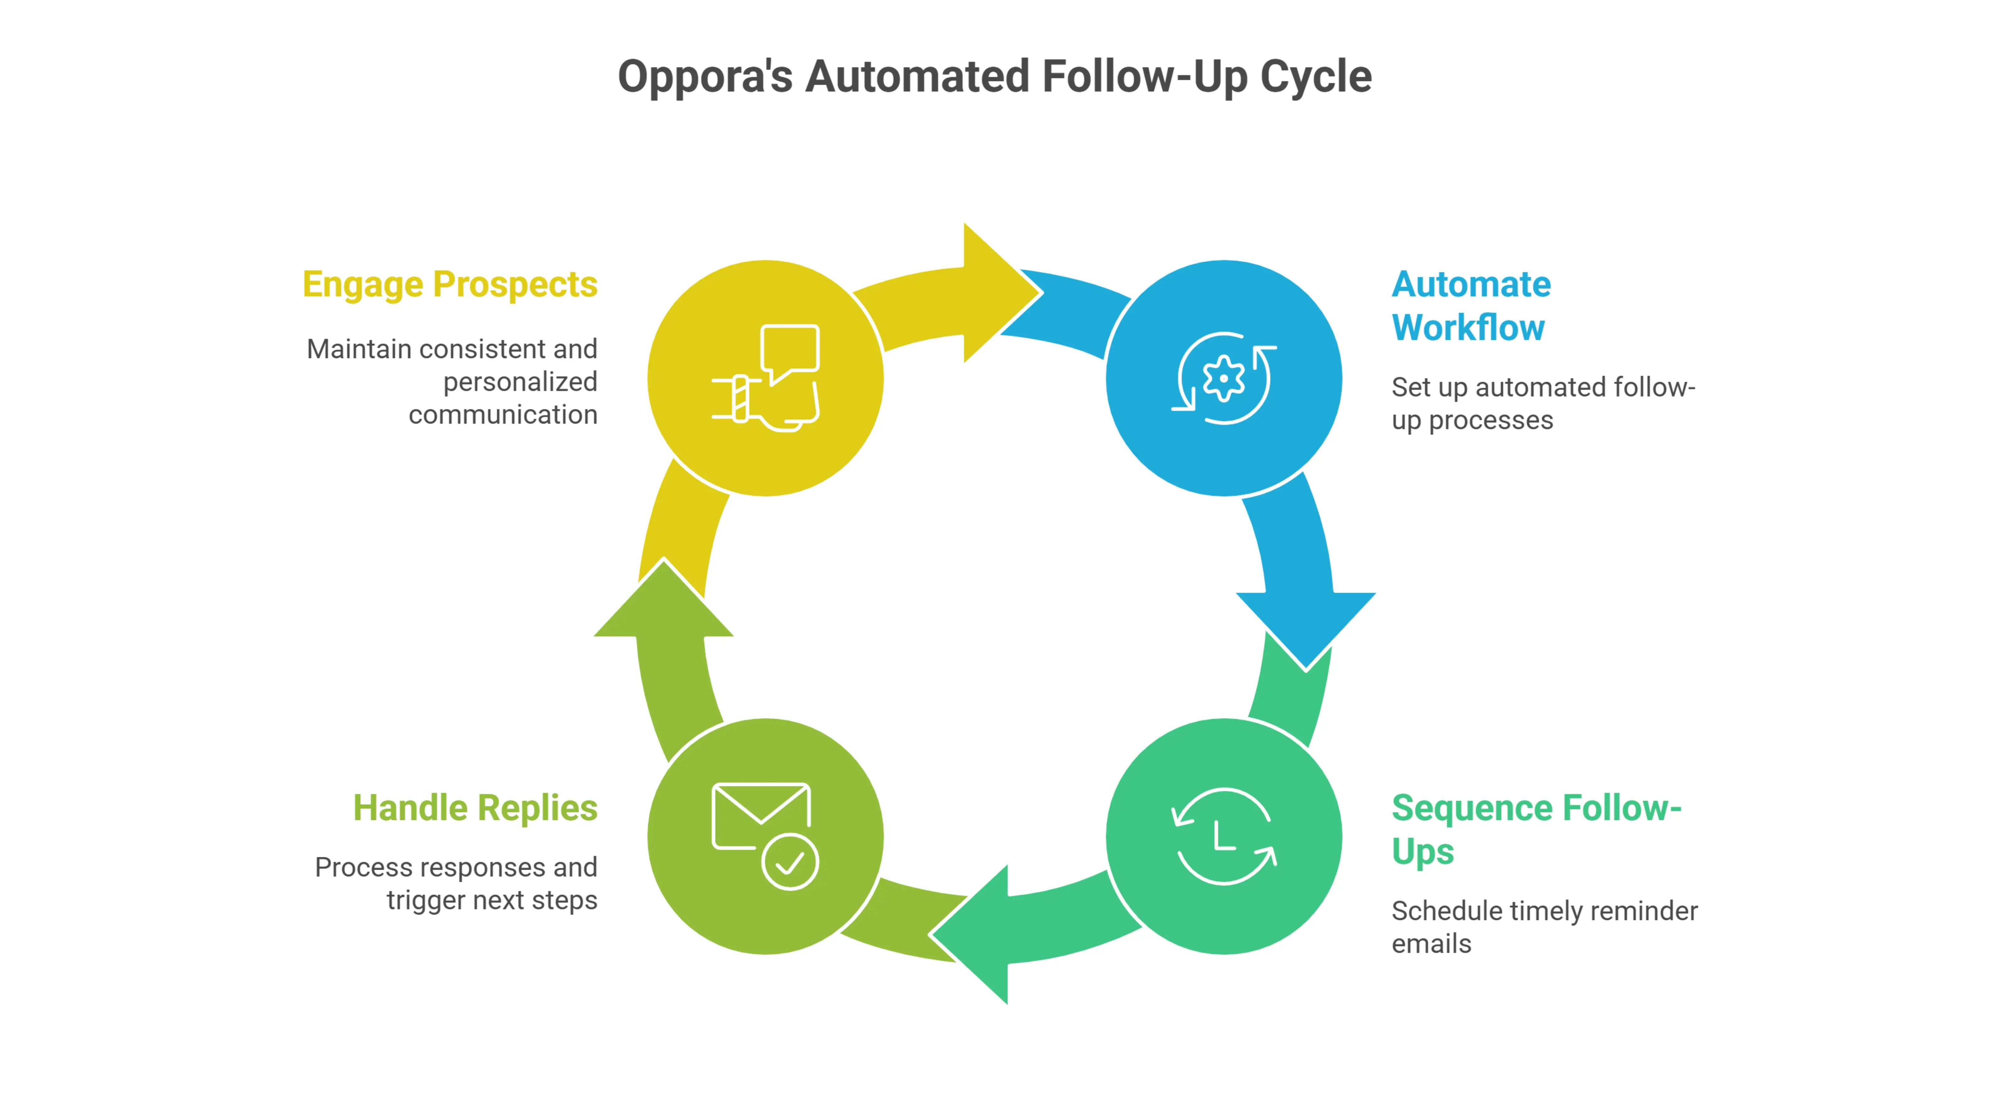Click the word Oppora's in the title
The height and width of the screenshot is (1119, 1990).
(705, 77)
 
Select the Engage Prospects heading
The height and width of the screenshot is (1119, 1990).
(450, 284)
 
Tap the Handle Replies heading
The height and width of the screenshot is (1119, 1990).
(475, 808)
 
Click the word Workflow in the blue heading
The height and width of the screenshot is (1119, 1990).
(1468, 328)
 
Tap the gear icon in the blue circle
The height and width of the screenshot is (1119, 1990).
(1224, 378)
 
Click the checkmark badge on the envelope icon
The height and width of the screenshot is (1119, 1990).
(789, 862)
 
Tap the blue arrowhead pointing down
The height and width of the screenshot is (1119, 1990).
(1306, 625)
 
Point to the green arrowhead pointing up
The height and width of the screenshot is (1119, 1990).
(663, 602)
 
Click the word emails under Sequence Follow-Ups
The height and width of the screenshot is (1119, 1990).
(1431, 944)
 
